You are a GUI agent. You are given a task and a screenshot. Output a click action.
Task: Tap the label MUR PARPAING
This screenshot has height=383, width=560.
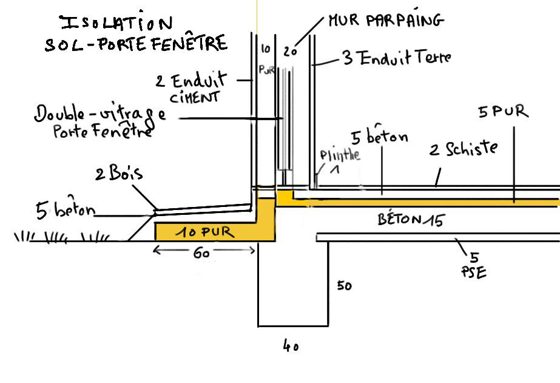coord(386,21)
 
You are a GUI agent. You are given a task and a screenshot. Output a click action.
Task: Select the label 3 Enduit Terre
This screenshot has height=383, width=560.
coord(397,58)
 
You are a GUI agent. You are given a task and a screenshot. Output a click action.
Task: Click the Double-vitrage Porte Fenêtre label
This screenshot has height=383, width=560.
coord(100,121)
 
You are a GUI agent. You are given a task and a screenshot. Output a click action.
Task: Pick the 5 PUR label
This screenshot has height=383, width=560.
coord(503,113)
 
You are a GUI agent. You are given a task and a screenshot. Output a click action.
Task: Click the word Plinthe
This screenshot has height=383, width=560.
coord(340,155)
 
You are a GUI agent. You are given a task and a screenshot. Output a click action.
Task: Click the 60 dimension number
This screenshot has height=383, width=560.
coord(201,253)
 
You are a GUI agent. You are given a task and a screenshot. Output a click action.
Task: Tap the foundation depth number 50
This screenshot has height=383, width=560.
coord(344,285)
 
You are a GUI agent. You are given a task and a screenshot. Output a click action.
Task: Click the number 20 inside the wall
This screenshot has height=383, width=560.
coord(291,52)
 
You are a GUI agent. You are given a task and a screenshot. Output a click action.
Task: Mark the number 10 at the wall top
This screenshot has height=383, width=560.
coord(265,48)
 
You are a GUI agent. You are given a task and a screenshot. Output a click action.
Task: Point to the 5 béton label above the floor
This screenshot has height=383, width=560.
coord(380,138)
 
